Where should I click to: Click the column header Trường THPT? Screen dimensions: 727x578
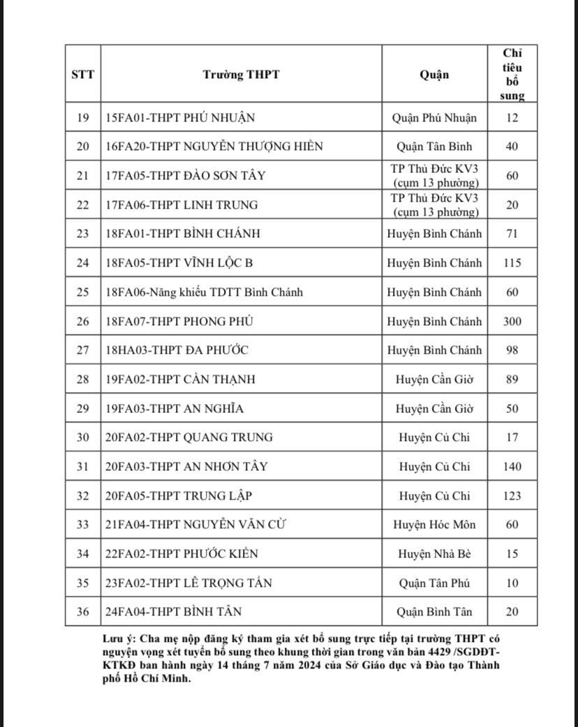241,75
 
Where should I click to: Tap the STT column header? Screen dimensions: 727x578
82,75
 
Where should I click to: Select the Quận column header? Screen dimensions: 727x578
434,75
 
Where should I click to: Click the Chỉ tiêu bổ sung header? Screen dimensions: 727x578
512,74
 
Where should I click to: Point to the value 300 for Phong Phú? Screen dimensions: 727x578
512,322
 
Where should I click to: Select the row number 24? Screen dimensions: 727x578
82,264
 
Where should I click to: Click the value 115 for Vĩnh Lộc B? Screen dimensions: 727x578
512,264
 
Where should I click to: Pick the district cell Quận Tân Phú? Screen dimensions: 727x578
434,583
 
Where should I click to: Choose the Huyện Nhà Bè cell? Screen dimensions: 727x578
434,554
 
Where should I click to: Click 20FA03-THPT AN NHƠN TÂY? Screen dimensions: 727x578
186,467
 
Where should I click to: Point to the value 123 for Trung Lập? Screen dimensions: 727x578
512,496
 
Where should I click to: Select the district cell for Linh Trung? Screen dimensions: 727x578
434,205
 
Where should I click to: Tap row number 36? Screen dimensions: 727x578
82,612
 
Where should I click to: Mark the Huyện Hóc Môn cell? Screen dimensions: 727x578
434,525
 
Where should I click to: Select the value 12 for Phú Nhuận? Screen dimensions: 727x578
512,118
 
